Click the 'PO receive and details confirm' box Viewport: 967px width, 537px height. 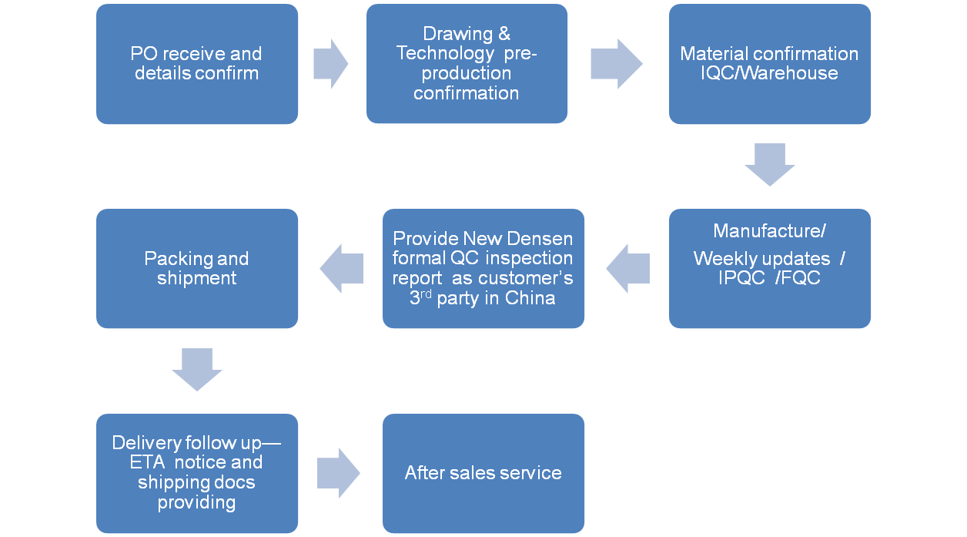coord(197,64)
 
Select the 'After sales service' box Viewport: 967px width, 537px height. coord(483,472)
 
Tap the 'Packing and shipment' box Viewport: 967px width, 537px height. coord(197,268)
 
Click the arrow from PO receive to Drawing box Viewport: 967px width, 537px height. coord(331,64)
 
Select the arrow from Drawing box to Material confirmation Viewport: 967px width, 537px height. coord(617,64)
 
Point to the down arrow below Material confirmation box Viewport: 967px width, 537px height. coord(769,165)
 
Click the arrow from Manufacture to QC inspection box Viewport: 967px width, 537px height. coord(627,268)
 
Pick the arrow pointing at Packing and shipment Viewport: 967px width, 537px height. coord(341,268)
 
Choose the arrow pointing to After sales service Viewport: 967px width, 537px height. coord(339,472)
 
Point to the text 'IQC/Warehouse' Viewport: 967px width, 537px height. coord(770,73)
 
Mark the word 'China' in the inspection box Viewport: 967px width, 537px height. coord(530,298)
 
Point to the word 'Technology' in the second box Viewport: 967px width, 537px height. coord(443,54)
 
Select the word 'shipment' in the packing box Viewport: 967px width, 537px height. coord(197,278)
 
